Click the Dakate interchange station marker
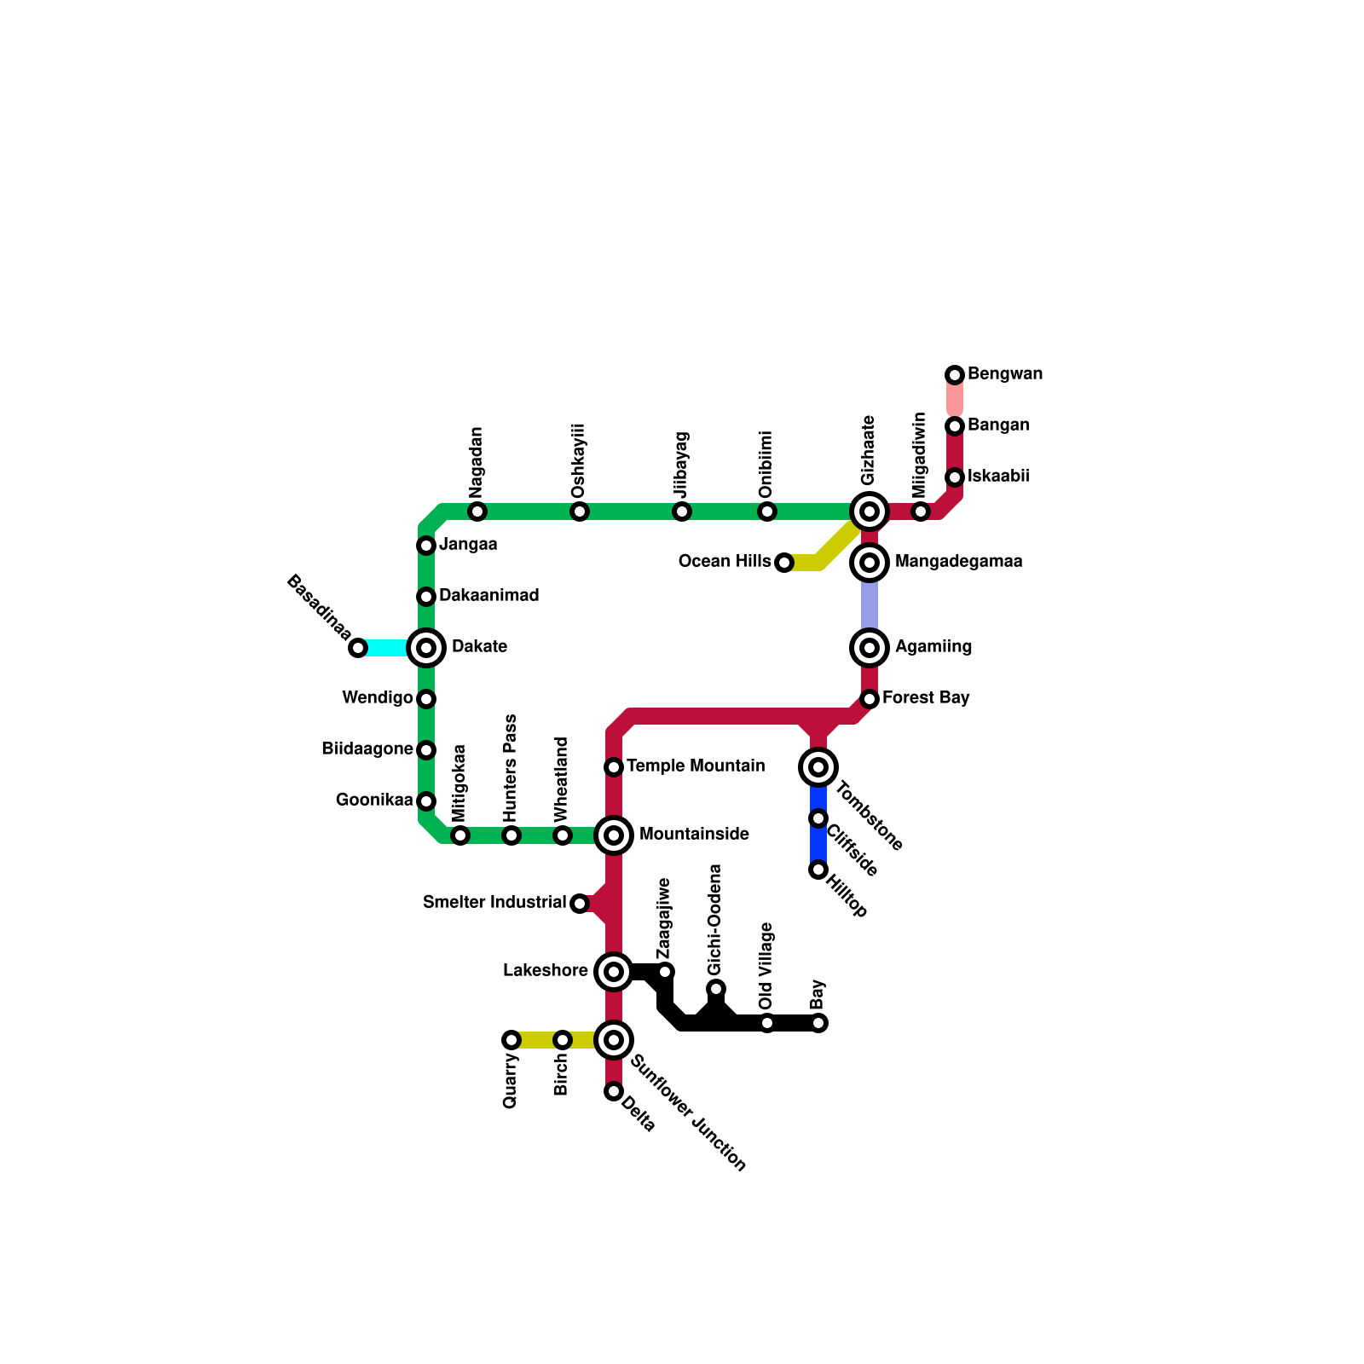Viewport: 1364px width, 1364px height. tap(426, 648)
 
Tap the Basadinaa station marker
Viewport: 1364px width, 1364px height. tap(358, 648)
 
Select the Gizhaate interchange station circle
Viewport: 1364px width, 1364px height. tap(870, 511)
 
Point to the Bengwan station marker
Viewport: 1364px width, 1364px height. tap(955, 375)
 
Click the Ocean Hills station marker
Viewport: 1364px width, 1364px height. tap(784, 563)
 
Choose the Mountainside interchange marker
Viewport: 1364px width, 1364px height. tap(614, 835)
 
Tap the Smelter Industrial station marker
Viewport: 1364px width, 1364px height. tap(580, 904)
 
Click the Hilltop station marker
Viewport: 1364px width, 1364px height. tap(818, 870)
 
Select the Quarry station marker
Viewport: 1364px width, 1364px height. tap(511, 1040)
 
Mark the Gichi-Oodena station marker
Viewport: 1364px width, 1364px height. tap(716, 989)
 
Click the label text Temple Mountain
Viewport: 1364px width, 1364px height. tap(695, 766)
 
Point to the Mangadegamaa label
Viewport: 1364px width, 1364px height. tap(958, 562)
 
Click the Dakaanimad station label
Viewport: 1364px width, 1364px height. tap(488, 596)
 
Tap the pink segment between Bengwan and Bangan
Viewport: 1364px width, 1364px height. tap(955, 399)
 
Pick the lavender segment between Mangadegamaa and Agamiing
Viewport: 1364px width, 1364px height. tap(870, 605)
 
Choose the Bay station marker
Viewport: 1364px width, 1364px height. tap(818, 1023)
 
